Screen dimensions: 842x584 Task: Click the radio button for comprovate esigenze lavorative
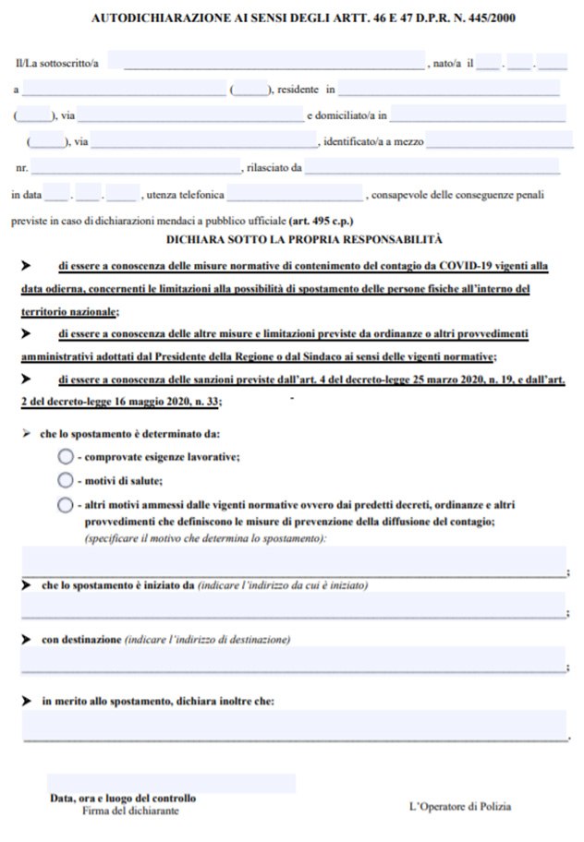coord(65,457)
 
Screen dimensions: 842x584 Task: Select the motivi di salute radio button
coord(65,480)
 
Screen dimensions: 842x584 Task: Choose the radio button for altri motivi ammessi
coord(65,504)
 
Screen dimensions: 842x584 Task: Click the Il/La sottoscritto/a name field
coord(274,63)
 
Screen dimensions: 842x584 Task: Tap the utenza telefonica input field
coord(296,195)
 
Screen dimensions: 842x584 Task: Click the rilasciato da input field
coord(432,168)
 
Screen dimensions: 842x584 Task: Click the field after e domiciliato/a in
coord(478,115)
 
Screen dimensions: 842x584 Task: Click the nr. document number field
coord(136,168)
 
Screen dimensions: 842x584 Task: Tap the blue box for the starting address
coord(293,605)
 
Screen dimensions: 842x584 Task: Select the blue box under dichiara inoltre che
coord(293,725)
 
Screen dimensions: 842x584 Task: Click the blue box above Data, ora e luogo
coord(172,783)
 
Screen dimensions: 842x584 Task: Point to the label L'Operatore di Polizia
coord(460,807)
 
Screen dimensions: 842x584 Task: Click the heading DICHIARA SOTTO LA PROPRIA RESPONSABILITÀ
coord(292,237)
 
